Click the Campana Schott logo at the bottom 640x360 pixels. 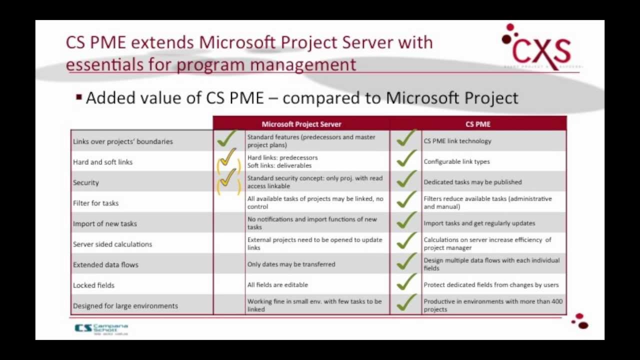click(101, 328)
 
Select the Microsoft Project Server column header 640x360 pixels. click(301, 124)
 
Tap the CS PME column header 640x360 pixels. click(478, 124)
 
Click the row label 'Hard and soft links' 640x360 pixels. click(102, 162)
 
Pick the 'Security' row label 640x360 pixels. click(86, 182)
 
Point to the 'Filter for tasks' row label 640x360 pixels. click(95, 203)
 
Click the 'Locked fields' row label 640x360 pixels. click(93, 285)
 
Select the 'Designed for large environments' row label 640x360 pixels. click(125, 305)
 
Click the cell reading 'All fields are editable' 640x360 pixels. click(277, 284)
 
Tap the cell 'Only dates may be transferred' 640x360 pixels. click(291, 264)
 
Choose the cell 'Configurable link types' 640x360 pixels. click(456, 161)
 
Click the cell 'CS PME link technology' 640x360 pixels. click(457, 141)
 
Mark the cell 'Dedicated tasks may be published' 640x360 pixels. click(472, 182)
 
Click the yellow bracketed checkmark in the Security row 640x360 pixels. click(228, 180)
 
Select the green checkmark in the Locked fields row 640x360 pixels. click(405, 283)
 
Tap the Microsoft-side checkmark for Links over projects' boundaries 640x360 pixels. click(226, 139)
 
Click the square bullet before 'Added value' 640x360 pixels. click(79, 97)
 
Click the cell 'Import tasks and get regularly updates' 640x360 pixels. click(479, 223)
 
